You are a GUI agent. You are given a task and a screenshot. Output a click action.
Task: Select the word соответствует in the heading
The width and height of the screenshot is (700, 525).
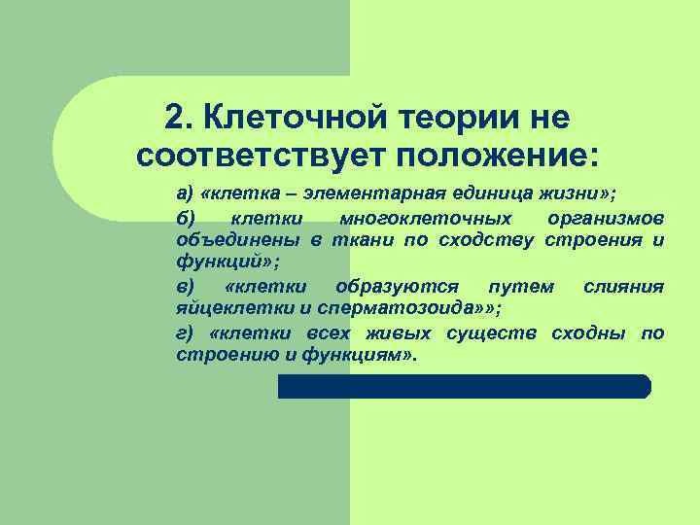pyautogui.click(x=261, y=156)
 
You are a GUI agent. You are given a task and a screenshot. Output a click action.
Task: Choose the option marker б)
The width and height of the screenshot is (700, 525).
pyautogui.click(x=186, y=216)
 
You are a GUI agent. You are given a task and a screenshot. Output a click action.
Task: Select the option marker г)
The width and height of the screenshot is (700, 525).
pyautogui.click(x=185, y=332)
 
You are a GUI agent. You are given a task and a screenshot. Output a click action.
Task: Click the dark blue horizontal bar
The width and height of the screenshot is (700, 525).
pyautogui.click(x=464, y=386)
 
